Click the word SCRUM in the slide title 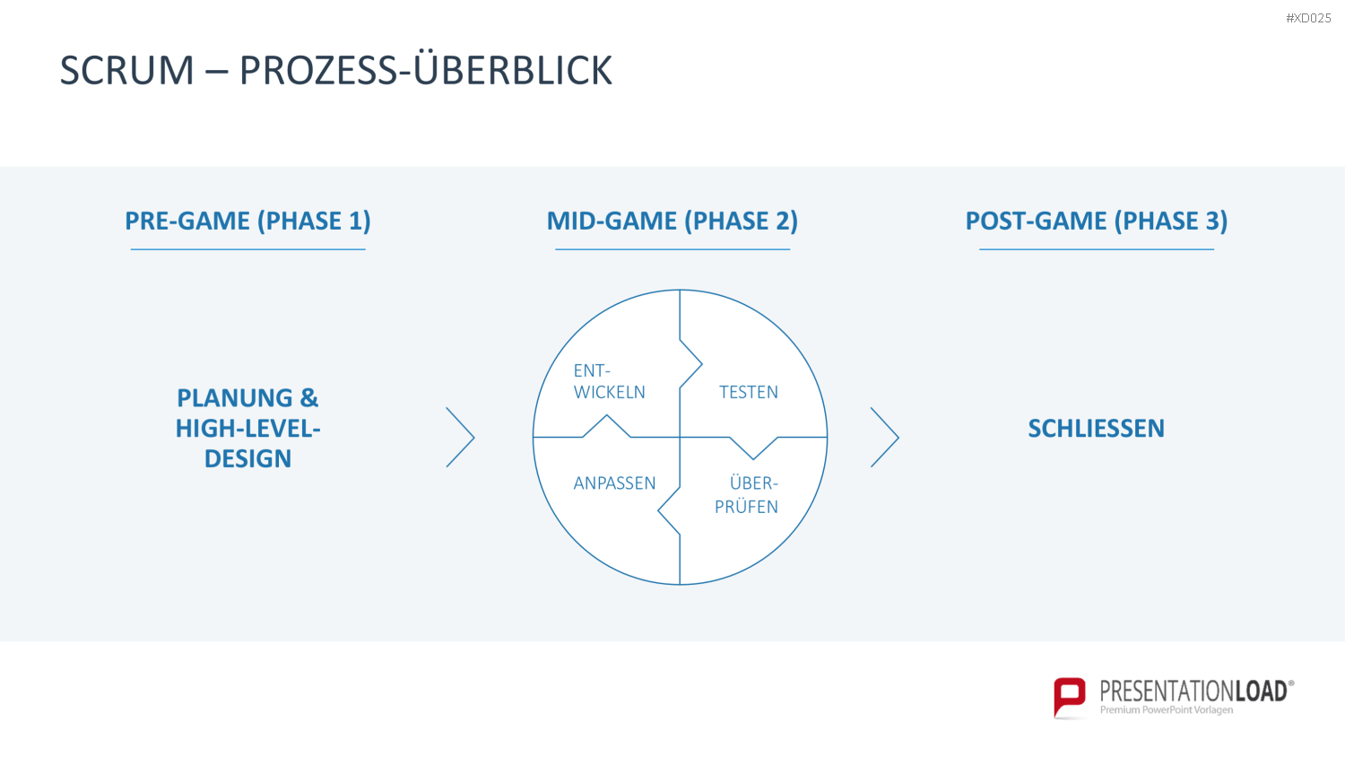click(x=126, y=70)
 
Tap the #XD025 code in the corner click(x=1308, y=18)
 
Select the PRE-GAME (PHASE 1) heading click(x=247, y=221)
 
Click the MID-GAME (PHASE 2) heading click(x=672, y=221)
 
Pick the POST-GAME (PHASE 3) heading click(x=1097, y=221)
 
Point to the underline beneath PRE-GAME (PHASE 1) click(x=248, y=249)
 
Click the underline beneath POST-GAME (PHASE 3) click(x=1097, y=249)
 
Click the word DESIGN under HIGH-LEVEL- click(x=248, y=458)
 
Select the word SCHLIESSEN click(x=1097, y=429)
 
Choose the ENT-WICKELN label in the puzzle click(x=609, y=381)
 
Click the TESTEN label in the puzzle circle click(x=748, y=392)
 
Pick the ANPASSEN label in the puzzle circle click(x=614, y=483)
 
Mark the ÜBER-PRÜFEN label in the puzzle click(x=746, y=494)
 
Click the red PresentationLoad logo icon click(x=1070, y=697)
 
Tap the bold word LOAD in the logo click(x=1261, y=692)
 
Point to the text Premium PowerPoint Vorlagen click(x=1166, y=710)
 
